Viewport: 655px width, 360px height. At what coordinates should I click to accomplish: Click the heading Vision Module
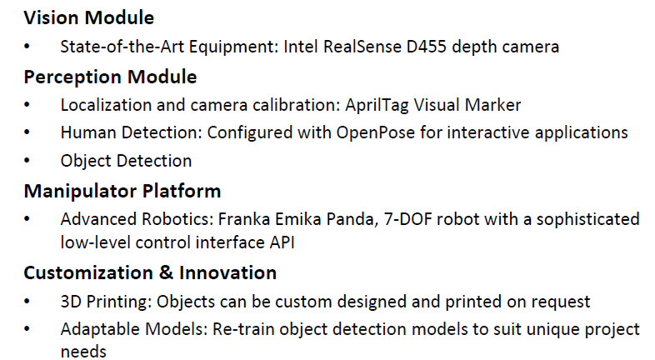coord(88,17)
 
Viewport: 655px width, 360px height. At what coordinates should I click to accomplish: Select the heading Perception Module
coord(110,77)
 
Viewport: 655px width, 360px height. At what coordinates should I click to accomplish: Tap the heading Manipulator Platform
coord(122,191)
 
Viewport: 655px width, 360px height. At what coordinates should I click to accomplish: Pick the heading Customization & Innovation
coord(150,272)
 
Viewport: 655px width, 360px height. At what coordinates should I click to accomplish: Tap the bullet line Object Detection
coord(126,161)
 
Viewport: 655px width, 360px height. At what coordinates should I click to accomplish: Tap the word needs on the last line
coord(83,352)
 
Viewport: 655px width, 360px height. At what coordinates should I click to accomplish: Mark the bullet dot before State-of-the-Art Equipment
coord(28,47)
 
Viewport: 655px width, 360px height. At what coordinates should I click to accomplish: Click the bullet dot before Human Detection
coord(28,133)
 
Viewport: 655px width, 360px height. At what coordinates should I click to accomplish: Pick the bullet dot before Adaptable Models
coord(28,329)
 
